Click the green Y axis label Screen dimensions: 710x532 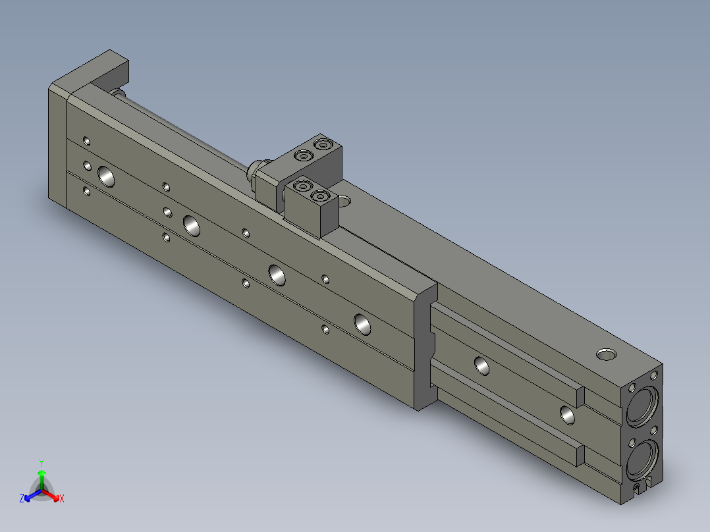[41, 463]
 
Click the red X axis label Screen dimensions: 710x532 [62, 498]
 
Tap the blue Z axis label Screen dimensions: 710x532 [22, 498]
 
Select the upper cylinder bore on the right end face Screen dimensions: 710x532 [643, 406]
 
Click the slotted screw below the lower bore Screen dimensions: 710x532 [639, 488]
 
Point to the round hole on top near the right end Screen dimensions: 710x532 [606, 354]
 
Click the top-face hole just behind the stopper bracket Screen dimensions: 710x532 [344, 200]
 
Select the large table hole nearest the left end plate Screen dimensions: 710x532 [106, 176]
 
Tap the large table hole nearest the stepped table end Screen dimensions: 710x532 [362, 324]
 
